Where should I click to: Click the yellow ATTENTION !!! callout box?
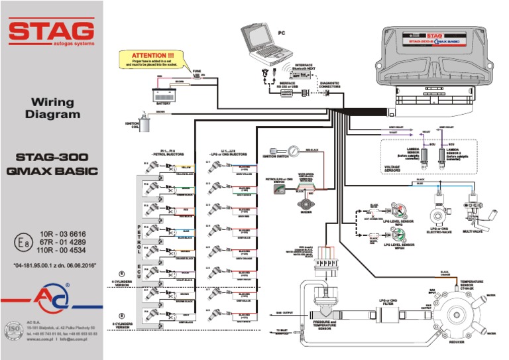(153, 59)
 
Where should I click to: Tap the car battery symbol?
(163, 93)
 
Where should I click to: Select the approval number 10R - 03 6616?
(63, 235)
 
